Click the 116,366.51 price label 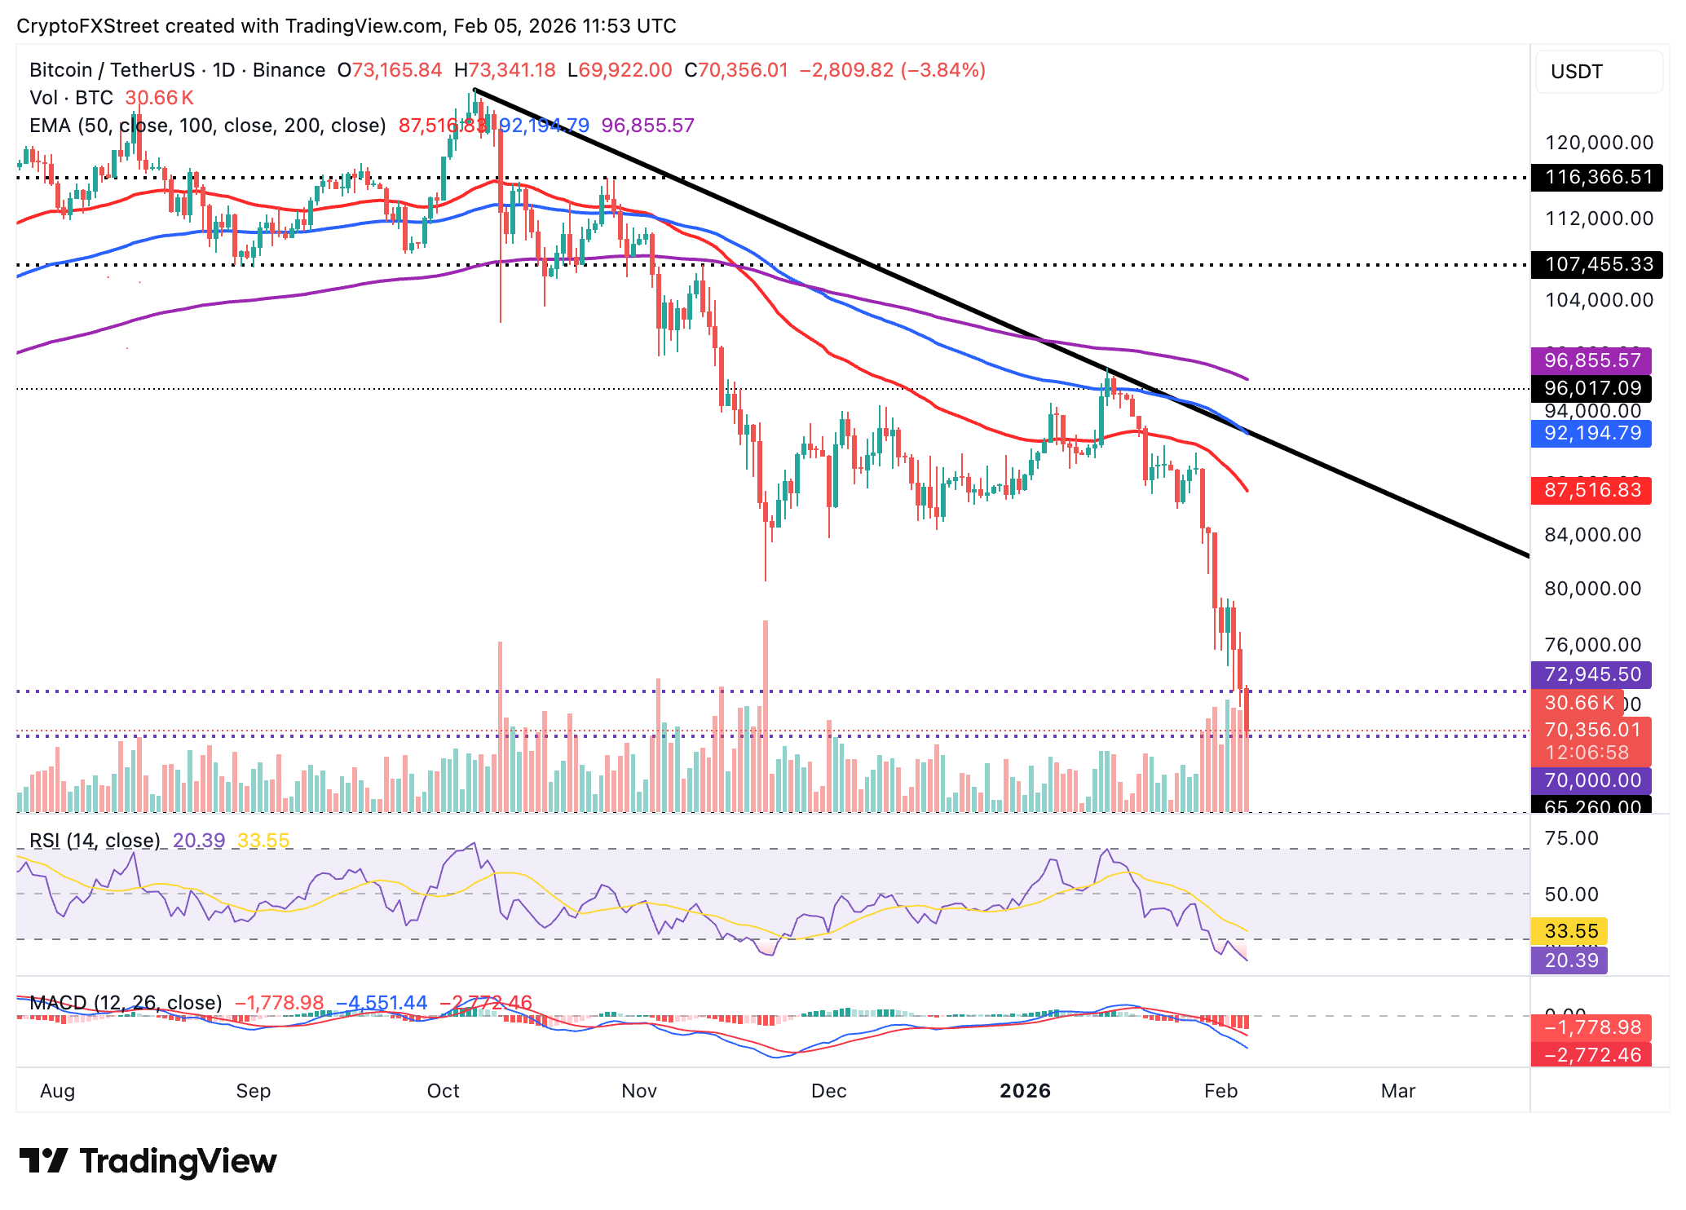click(x=1596, y=177)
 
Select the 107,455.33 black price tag click(x=1596, y=264)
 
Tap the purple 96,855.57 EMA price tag click(x=1591, y=360)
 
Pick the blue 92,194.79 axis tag click(x=1591, y=433)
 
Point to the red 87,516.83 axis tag click(x=1591, y=490)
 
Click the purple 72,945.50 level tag click(x=1591, y=674)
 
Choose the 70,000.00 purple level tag click(x=1591, y=780)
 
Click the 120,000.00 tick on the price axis click(x=1599, y=143)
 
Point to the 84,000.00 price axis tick click(x=1592, y=535)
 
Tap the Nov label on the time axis click(x=639, y=1091)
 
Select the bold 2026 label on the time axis click(x=1025, y=1091)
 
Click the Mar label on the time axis click(x=1397, y=1091)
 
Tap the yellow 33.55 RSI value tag click(x=1570, y=931)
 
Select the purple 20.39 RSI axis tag click(x=1570, y=960)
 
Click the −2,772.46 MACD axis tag click(x=1591, y=1055)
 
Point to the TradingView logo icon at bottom click(x=44, y=1161)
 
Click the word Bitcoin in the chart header click(x=60, y=70)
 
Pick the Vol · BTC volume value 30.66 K click(x=159, y=98)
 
